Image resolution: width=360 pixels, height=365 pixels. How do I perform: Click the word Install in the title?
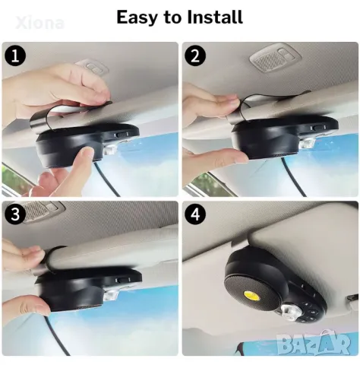coord(215,17)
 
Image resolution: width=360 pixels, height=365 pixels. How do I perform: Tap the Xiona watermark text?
coord(39,23)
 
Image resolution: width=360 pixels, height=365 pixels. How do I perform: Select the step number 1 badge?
coord(15,56)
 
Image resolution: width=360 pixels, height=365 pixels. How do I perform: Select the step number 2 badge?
coord(195,56)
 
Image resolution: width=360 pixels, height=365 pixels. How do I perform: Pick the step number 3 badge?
coord(15,214)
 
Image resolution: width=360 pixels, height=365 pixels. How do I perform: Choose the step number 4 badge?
coord(195,214)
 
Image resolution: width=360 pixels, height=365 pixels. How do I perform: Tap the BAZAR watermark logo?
coord(314,343)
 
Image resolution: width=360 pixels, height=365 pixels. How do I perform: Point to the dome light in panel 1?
coord(93,66)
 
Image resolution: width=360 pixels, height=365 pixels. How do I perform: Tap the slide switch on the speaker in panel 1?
coord(122,135)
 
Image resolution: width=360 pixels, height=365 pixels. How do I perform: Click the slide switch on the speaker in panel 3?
coord(123,281)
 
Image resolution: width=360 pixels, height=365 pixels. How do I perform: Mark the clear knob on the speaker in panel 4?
coord(289,313)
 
